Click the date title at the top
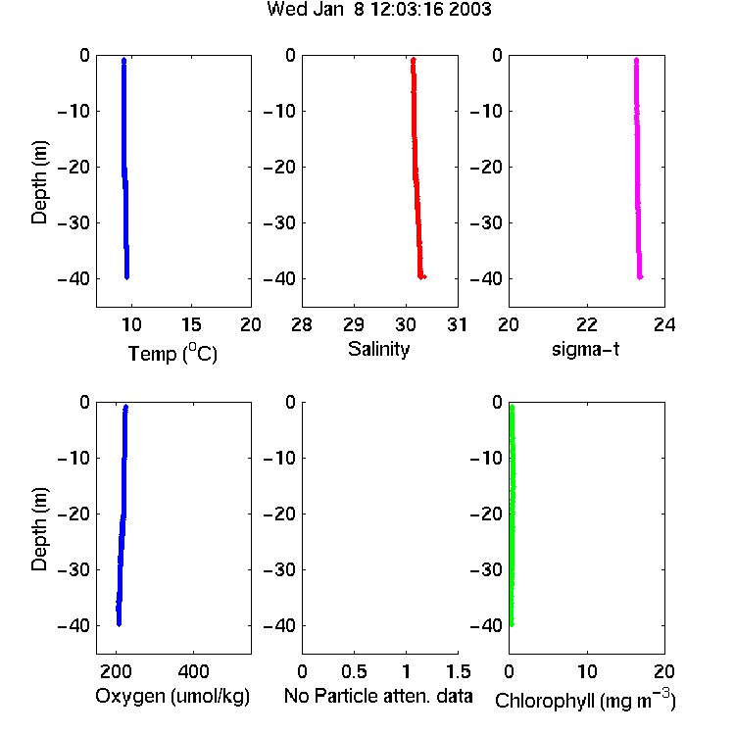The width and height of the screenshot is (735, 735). (x=378, y=9)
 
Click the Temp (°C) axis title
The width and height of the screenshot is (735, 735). (x=172, y=353)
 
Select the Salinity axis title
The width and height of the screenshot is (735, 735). (x=378, y=349)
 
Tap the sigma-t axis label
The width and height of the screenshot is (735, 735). (x=585, y=349)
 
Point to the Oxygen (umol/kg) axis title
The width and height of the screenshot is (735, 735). (x=172, y=696)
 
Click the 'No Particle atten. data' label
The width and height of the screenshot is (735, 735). (x=378, y=696)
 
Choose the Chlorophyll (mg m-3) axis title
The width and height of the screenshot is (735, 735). (x=585, y=700)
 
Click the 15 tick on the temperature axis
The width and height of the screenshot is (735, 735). (x=191, y=324)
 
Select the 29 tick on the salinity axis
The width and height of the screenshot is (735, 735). (x=354, y=324)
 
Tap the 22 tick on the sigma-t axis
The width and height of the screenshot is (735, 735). (x=587, y=324)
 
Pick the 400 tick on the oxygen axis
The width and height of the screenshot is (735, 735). (x=194, y=671)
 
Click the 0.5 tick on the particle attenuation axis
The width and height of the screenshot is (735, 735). (x=354, y=671)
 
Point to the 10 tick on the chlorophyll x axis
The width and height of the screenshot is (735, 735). (x=587, y=671)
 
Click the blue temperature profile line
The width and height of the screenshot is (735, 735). (x=125, y=169)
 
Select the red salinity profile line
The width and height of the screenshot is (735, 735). (x=416, y=169)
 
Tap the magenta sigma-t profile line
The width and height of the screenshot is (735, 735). (x=638, y=169)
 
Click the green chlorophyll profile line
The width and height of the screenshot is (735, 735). (x=512, y=515)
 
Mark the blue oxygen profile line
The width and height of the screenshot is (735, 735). (x=122, y=515)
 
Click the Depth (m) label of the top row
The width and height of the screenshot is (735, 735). (x=39, y=182)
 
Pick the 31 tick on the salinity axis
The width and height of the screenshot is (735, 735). (x=457, y=324)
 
